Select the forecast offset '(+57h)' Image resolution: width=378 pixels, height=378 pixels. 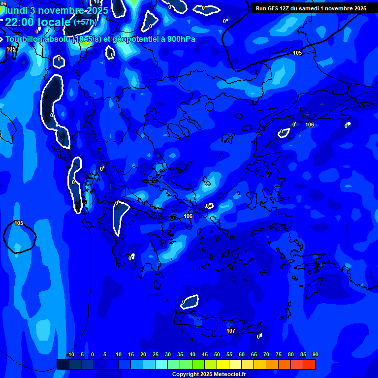click(x=85, y=22)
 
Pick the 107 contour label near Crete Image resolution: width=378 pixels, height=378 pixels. click(x=231, y=331)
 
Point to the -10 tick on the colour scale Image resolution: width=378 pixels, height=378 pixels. click(x=70, y=355)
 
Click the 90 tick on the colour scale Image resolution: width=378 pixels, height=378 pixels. click(x=315, y=355)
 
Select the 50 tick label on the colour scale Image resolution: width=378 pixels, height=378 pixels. click(x=217, y=355)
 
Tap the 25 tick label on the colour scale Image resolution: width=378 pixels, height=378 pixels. click(x=156, y=355)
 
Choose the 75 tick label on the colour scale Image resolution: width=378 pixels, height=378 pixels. click(x=279, y=355)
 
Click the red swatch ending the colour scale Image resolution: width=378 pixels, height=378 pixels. click(x=309, y=364)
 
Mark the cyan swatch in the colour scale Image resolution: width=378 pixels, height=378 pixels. click(x=161, y=364)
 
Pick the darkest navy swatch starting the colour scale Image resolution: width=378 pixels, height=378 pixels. click(x=63, y=364)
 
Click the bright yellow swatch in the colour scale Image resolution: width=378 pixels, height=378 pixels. click(x=223, y=364)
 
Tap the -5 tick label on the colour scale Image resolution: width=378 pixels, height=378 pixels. click(x=81, y=355)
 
